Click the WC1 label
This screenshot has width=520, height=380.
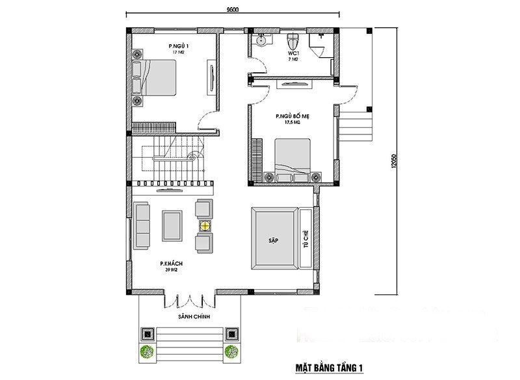coord(292,53)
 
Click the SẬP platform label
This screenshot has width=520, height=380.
coord(273,240)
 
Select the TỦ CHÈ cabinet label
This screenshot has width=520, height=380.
coord(305,238)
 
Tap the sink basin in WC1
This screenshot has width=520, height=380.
coord(261,40)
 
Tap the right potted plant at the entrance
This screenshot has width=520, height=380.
coord(232,352)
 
